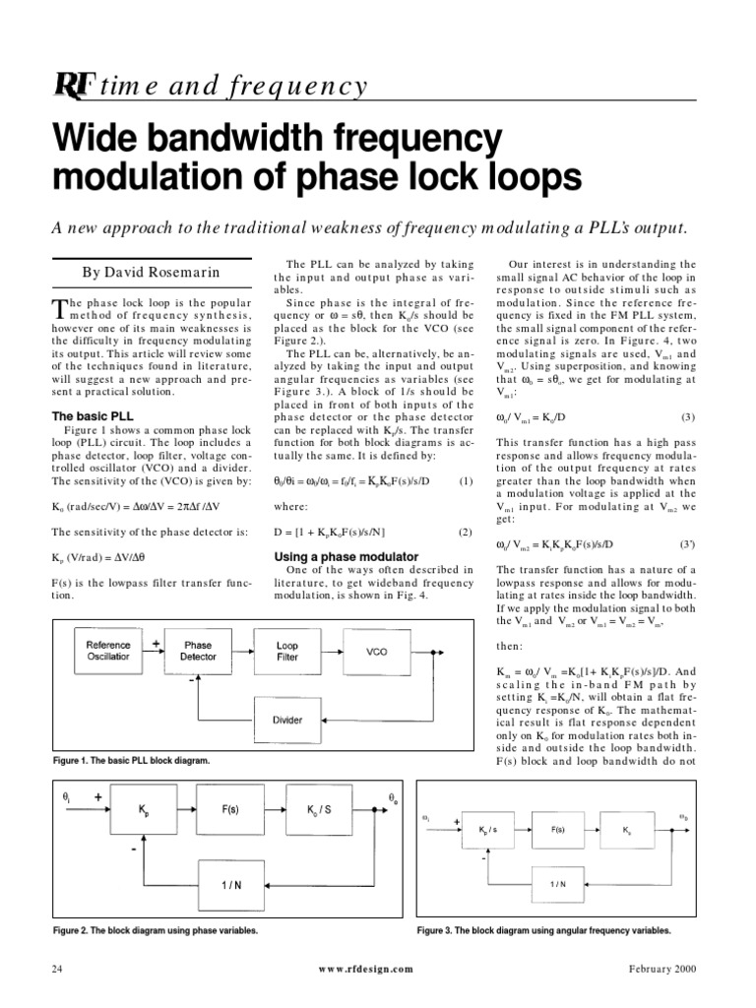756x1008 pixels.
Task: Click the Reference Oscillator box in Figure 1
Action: click(108, 651)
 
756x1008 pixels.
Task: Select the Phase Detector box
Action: click(198, 651)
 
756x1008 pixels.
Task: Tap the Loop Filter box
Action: click(286, 651)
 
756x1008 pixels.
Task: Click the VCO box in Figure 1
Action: click(377, 651)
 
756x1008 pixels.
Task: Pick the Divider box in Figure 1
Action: click(286, 720)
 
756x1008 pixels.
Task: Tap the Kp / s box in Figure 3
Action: click(486, 831)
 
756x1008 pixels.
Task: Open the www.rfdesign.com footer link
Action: click(366, 969)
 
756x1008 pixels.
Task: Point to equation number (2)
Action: click(466, 532)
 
